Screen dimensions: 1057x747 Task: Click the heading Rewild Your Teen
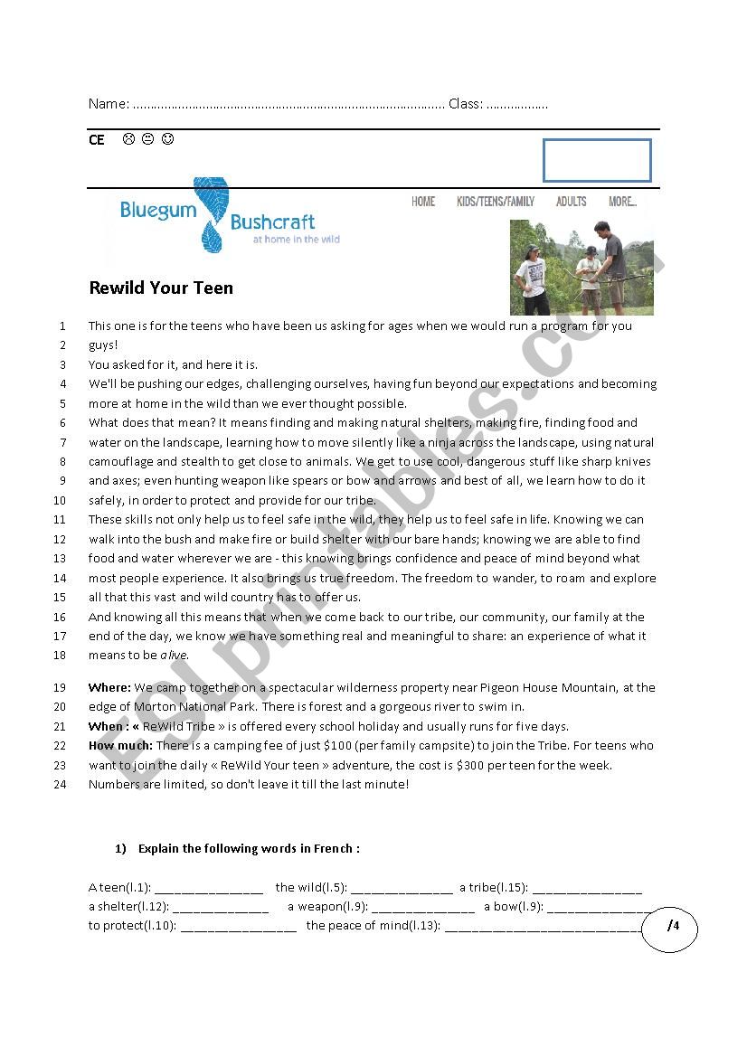(161, 288)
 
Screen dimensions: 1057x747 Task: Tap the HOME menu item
(423, 202)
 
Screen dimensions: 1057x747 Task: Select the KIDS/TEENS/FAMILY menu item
(496, 202)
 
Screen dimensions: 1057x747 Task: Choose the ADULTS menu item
(571, 202)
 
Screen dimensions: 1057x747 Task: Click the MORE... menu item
(622, 202)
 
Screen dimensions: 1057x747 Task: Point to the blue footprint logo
(211, 215)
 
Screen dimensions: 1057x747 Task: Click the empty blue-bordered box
(597, 160)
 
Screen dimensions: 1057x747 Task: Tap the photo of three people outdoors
(582, 267)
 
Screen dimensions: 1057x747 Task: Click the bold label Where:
(109, 688)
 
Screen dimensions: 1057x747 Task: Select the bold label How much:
(120, 746)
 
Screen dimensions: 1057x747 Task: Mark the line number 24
(61, 784)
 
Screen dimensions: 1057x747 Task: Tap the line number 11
(61, 520)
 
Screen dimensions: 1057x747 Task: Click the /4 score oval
(670, 926)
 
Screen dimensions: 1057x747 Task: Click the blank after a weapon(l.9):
(422, 907)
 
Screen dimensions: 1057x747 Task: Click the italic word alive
(175, 656)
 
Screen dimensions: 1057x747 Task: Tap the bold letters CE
(97, 140)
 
